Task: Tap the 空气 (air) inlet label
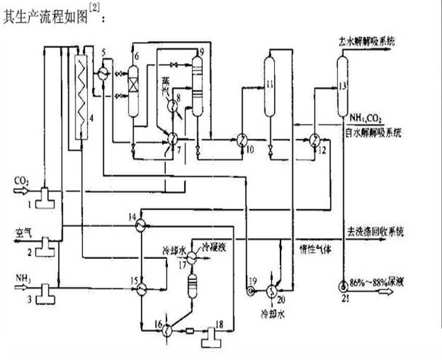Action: pyautogui.click(x=25, y=233)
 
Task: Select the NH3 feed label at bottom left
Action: pyautogui.click(x=23, y=277)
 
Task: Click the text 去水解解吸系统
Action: pyautogui.click(x=370, y=43)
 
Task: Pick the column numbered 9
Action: pyautogui.click(x=196, y=85)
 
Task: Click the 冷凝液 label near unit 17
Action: pyautogui.click(x=217, y=247)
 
